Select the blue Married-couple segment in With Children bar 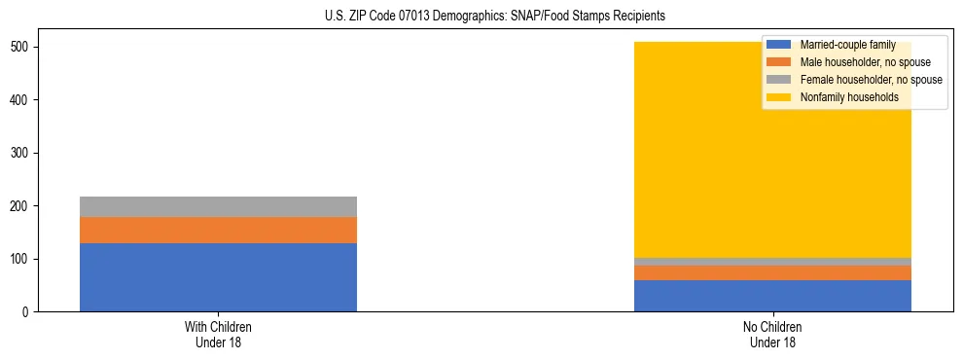coord(218,277)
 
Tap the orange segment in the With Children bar coord(218,230)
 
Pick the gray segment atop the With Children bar coord(218,206)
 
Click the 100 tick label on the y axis coord(26,260)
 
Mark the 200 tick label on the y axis coord(26,206)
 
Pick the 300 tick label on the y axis coord(26,154)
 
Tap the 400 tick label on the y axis coord(26,100)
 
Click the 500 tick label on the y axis coord(26,48)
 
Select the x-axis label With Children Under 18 coord(218,335)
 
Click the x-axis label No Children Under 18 coord(772,335)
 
